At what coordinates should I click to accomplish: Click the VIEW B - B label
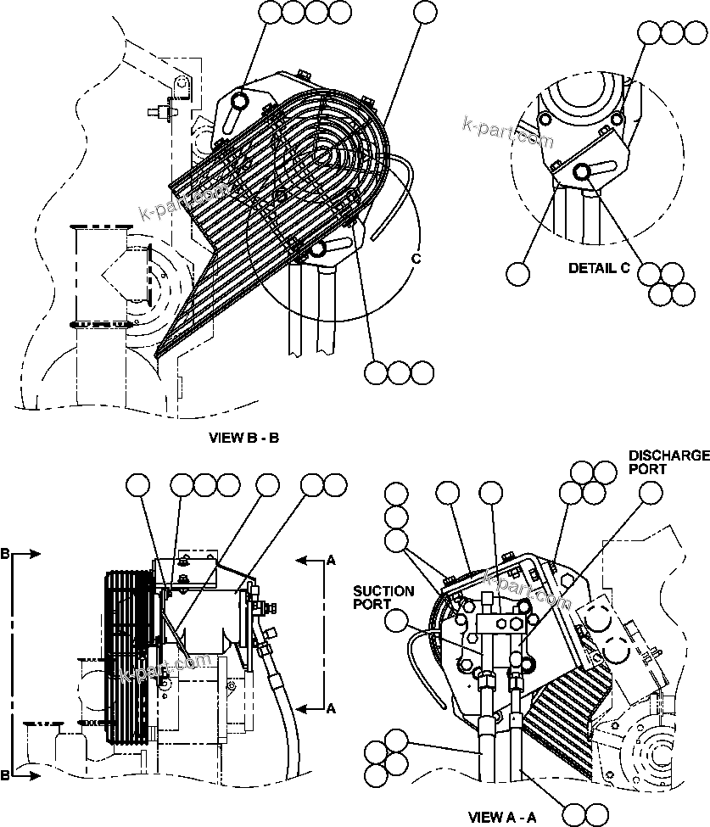pyautogui.click(x=243, y=439)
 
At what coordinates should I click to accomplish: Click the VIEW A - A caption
pyautogui.click(x=504, y=818)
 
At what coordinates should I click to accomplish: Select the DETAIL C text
pyautogui.click(x=599, y=268)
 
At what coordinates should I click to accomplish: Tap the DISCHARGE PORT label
pyautogui.click(x=668, y=461)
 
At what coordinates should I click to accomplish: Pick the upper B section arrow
pyautogui.click(x=25, y=554)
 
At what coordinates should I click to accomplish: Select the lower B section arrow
pyautogui.click(x=25, y=775)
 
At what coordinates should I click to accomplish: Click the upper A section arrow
pyautogui.click(x=311, y=560)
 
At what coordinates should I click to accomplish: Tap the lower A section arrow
pyautogui.click(x=311, y=707)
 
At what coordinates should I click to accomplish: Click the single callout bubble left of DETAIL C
pyautogui.click(x=518, y=274)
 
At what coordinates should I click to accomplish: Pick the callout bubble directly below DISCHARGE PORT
pyautogui.click(x=651, y=494)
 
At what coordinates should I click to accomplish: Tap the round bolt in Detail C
pyautogui.click(x=582, y=173)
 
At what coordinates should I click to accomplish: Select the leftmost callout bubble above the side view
pyautogui.click(x=137, y=485)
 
